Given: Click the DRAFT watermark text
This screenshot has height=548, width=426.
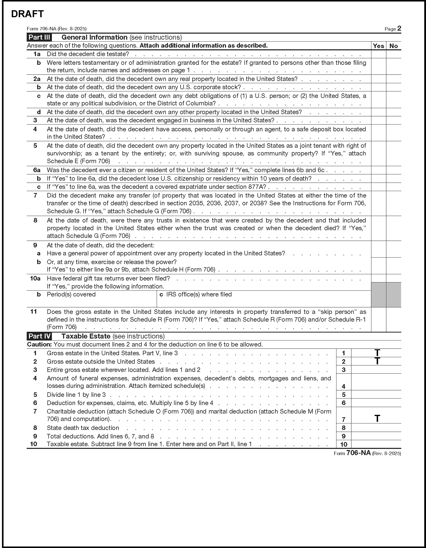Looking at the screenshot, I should (x=27, y=14).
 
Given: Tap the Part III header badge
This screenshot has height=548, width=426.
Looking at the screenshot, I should (x=39, y=37).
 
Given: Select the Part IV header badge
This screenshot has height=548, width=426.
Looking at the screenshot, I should (x=39, y=336).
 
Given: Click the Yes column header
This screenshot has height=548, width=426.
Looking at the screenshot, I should (x=378, y=46).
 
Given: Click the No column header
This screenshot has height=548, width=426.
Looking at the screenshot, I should (x=393, y=46).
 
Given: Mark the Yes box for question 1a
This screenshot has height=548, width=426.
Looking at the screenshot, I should (x=379, y=54).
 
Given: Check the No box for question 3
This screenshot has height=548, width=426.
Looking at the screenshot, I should (x=393, y=120).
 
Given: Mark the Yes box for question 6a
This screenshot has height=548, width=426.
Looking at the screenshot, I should (x=379, y=170).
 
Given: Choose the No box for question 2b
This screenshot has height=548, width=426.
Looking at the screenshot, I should (x=393, y=87).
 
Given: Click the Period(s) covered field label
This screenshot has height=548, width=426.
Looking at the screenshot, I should (x=71, y=294).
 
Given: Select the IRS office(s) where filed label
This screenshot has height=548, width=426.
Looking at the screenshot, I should (x=199, y=294).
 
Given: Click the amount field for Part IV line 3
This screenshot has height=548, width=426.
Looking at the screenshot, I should (x=376, y=370).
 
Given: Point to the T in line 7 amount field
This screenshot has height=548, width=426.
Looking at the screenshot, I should (x=377, y=418).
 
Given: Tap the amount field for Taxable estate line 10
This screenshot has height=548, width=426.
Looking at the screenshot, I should (x=376, y=444).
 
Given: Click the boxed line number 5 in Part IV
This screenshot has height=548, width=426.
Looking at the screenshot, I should (x=344, y=395).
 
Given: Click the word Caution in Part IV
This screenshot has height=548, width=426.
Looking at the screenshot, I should (x=39, y=344).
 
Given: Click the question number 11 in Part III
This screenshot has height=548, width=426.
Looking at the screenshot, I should (x=34, y=312).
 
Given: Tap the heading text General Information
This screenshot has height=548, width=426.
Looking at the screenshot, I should (x=94, y=37).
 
